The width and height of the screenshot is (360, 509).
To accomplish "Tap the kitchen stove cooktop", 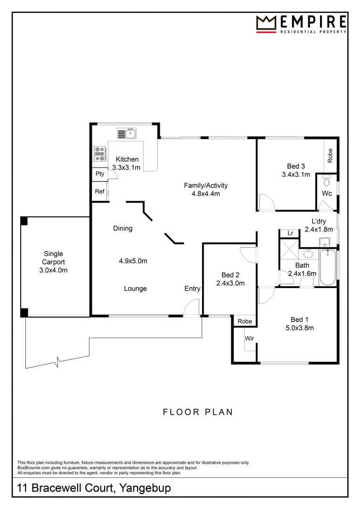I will click(x=99, y=152).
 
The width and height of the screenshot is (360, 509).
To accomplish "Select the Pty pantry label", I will click(x=100, y=174).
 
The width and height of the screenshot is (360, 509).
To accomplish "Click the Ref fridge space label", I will click(x=100, y=192).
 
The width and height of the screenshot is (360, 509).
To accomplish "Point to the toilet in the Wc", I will click(x=327, y=181).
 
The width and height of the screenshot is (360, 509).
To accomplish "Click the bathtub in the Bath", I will click(x=328, y=268).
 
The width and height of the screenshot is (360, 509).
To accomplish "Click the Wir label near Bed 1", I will click(x=249, y=338).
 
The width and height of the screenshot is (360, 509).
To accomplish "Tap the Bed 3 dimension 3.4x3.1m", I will click(x=296, y=175).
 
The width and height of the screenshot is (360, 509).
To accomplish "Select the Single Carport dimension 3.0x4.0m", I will click(x=53, y=270).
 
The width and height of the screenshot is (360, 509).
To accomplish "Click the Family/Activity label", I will click(x=202, y=185).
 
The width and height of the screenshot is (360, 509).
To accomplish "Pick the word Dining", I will click(x=123, y=229).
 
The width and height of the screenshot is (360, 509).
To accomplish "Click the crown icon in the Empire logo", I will click(x=266, y=23).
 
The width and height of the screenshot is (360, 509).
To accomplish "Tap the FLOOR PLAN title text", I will click(x=198, y=412).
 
